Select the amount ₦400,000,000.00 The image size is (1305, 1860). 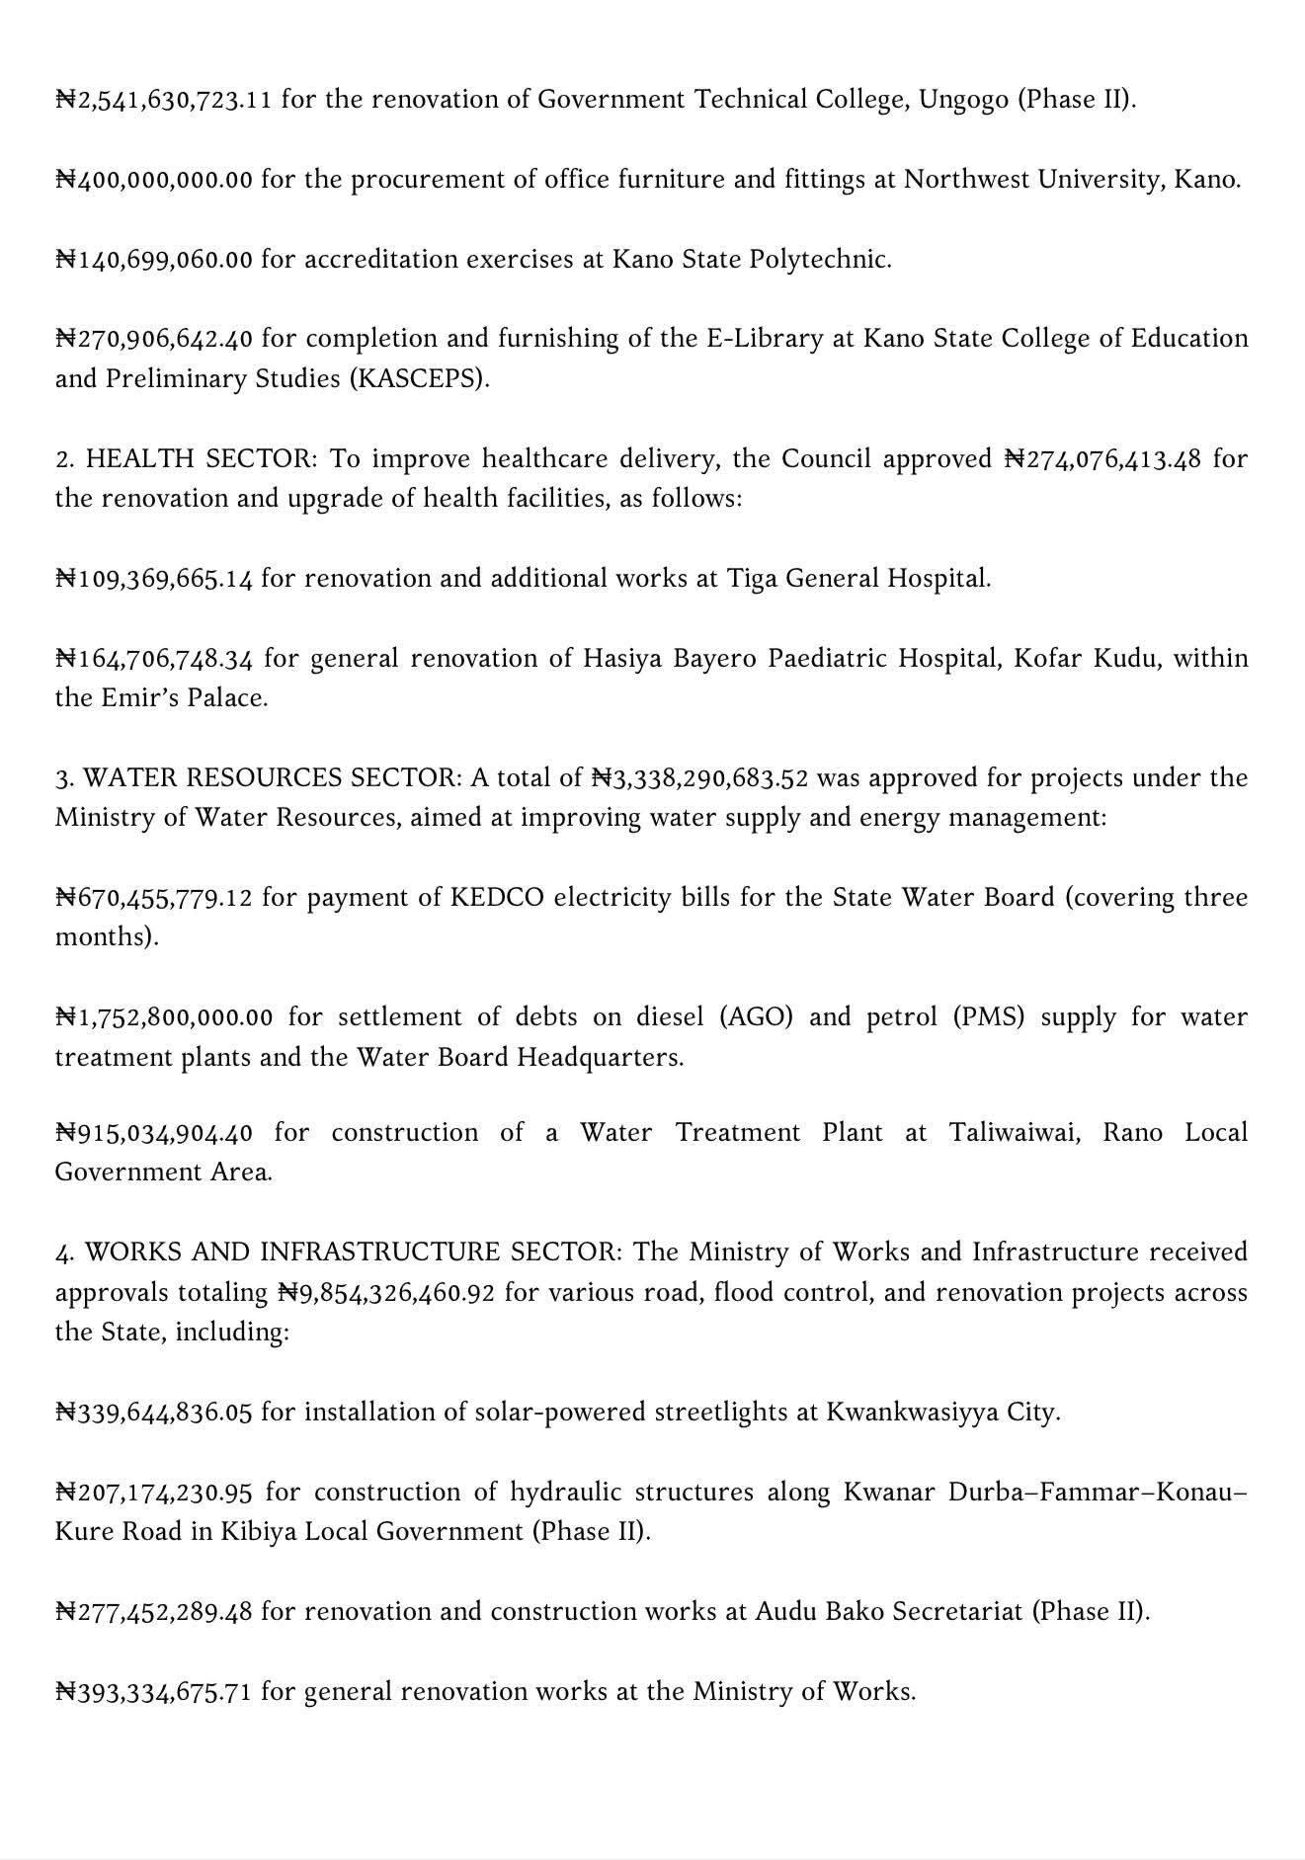[154, 180]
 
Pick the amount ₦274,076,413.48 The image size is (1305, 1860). [1103, 459]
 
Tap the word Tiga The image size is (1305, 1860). [752, 579]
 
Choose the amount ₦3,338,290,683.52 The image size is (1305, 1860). [699, 778]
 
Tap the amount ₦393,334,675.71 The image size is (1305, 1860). [154, 1692]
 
